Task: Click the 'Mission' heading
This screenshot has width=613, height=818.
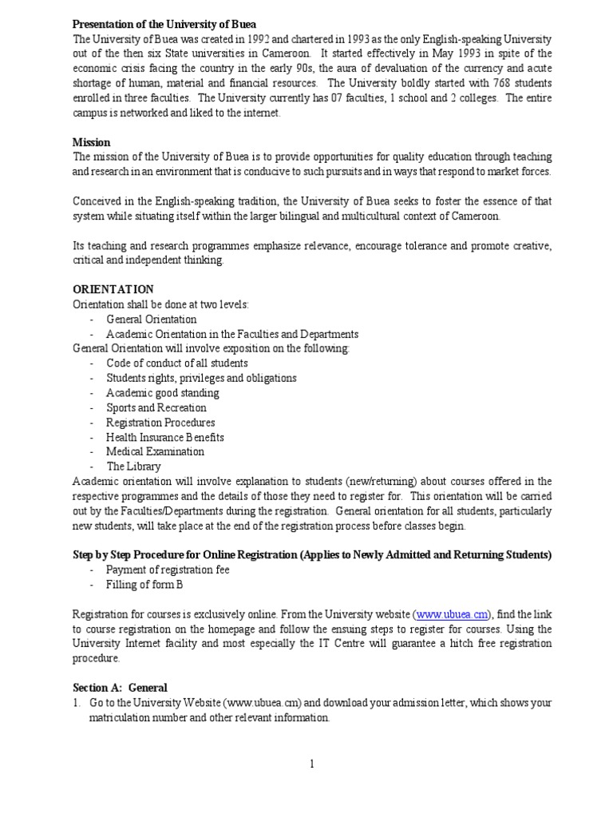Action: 92,142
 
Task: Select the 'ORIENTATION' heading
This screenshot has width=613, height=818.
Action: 113,289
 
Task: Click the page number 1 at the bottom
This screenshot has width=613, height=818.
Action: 312,764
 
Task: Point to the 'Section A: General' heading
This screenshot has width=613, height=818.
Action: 120,687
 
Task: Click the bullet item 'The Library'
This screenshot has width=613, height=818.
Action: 133,466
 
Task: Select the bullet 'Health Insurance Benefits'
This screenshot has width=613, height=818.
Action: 164,437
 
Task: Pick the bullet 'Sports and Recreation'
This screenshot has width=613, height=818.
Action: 156,407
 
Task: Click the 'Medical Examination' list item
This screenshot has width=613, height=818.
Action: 155,451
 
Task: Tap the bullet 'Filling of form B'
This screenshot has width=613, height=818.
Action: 144,584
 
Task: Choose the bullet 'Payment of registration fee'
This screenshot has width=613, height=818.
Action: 168,570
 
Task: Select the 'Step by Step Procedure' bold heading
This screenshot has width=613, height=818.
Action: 312,554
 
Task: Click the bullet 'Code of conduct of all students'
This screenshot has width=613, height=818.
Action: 176,363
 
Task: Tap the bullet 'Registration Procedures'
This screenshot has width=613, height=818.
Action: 160,422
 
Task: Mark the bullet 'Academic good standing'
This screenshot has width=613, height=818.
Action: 162,393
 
